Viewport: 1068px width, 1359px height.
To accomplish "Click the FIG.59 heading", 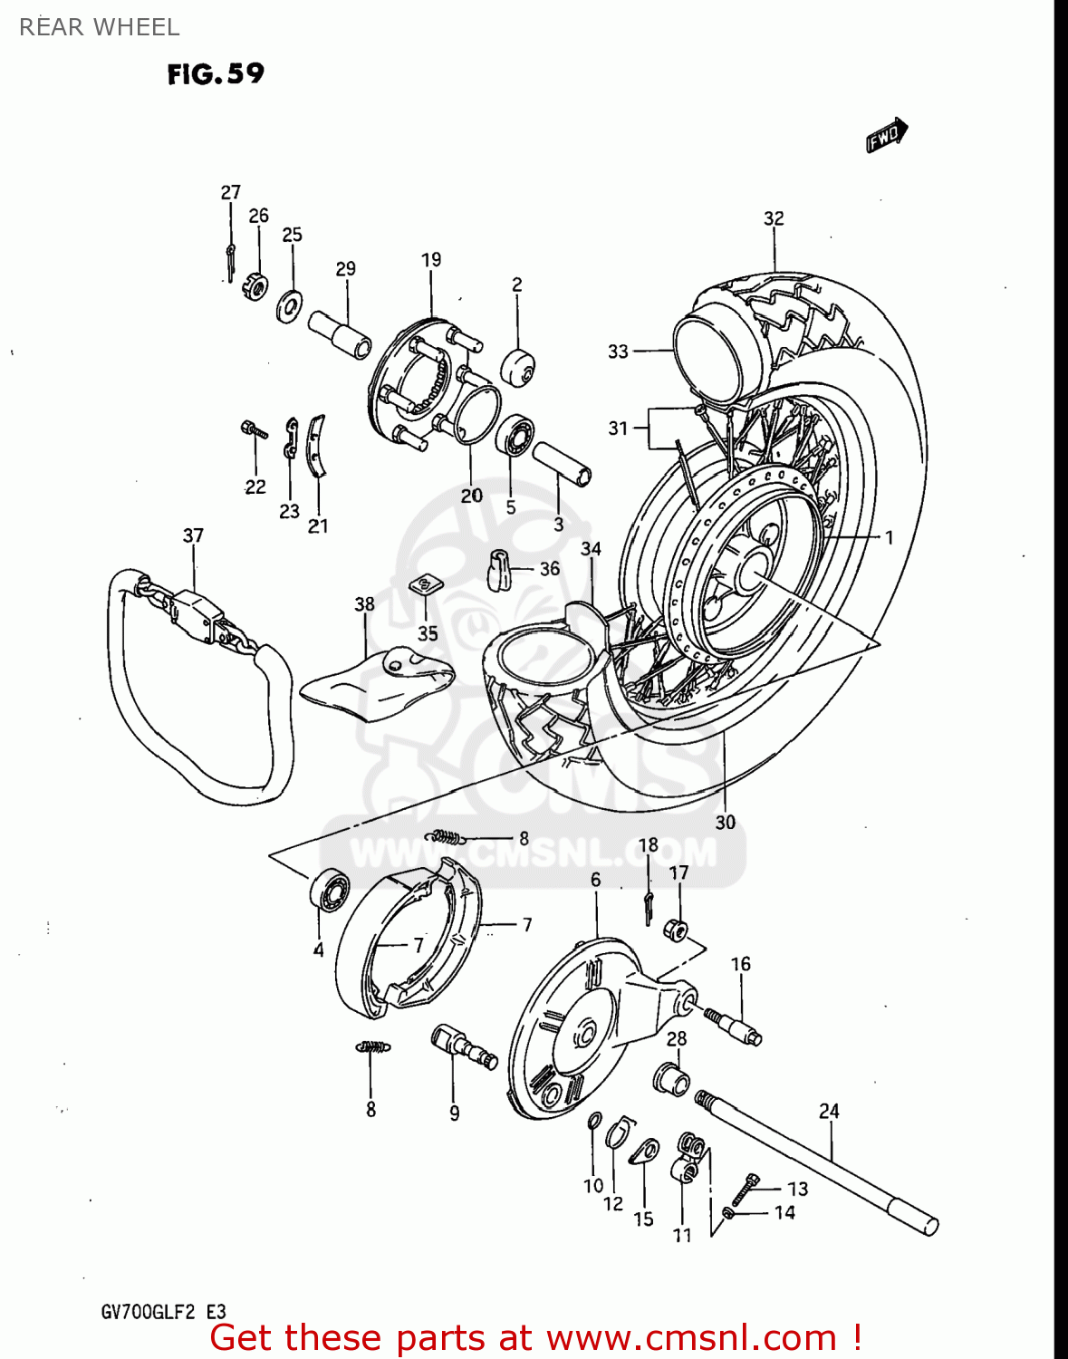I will coord(216,73).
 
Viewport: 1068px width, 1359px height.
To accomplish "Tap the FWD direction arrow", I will coord(886,136).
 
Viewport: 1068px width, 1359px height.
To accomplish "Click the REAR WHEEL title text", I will coord(99,27).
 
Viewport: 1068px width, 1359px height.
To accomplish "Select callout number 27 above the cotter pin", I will coord(230,192).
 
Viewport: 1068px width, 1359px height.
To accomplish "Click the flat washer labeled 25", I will coord(290,305).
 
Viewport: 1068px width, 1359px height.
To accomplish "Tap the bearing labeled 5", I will coord(515,436).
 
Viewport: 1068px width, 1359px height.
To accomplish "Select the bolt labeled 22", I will coord(253,429).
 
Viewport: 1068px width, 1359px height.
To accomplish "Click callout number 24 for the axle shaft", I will coord(829,1111).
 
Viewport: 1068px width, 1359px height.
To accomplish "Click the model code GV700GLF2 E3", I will coord(163,1312).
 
